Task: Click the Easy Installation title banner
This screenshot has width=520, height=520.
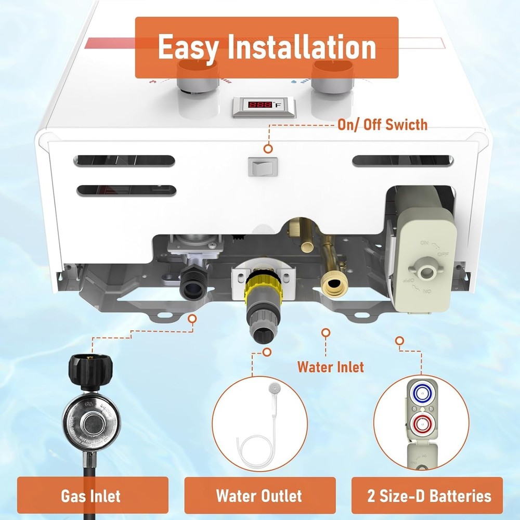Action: coord(266,47)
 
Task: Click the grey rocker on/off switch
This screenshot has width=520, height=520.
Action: coord(259,167)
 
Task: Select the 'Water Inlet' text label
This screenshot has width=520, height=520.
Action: coord(331,367)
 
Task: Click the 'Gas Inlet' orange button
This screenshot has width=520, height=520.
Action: coord(92,496)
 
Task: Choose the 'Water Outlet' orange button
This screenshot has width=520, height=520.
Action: coord(259,496)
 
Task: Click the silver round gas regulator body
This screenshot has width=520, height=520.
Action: coord(90,420)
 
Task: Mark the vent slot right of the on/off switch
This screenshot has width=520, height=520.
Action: coord(402,161)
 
